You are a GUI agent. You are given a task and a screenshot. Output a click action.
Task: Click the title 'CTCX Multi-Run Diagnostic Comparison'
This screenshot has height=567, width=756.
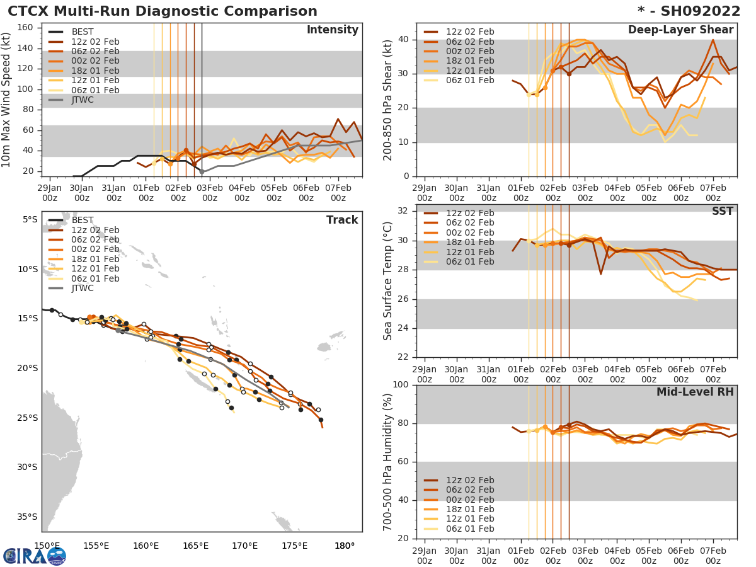[x=163, y=11]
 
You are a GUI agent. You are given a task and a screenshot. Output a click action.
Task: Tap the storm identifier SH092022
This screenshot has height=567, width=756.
[x=696, y=11]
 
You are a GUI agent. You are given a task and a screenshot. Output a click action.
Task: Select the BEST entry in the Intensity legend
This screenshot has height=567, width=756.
[x=82, y=32]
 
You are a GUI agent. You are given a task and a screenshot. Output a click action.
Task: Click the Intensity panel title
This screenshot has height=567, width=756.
[x=332, y=30]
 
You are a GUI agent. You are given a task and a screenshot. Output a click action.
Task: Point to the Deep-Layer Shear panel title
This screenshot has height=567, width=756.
[x=680, y=30]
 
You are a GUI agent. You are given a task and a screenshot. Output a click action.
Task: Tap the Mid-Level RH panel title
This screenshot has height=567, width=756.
[x=695, y=392]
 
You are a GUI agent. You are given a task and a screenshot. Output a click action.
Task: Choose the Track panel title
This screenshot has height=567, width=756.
[x=342, y=220]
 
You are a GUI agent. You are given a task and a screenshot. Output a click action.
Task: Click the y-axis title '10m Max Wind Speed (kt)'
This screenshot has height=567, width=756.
[x=8, y=101]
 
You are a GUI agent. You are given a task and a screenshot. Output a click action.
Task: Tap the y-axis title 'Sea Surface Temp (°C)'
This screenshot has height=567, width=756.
[x=389, y=281]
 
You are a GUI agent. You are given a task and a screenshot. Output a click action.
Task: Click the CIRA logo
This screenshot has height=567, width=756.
[x=34, y=556]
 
